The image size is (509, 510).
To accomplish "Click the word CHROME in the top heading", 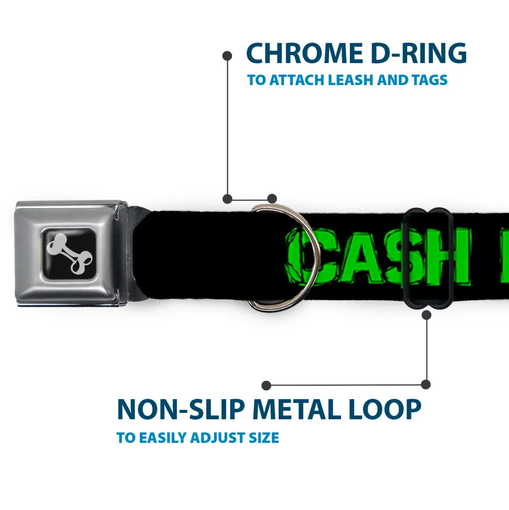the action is point(304,53).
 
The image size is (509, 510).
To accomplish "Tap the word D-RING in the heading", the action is point(419,53).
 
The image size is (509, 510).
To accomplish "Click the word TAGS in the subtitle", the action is point(429,80).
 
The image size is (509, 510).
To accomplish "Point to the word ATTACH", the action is point(297,80).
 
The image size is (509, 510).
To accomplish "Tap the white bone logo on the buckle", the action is point(69,254).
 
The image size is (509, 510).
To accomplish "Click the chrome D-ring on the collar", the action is point(316,257).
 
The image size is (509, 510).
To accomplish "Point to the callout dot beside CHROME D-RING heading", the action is point(227,56).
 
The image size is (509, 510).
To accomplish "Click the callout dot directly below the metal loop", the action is point(426,315).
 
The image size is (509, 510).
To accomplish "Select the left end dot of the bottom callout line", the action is point(266,386).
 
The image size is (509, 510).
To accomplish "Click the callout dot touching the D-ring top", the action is point(272,199).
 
